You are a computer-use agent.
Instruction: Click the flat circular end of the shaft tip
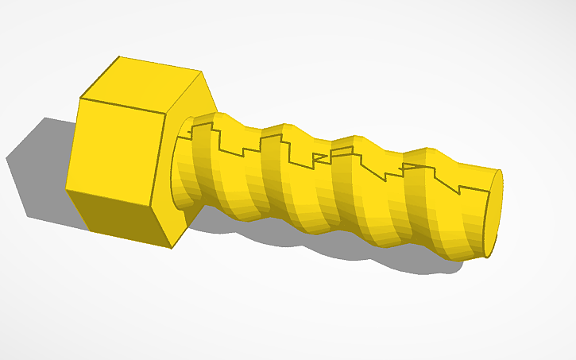[x=493, y=213]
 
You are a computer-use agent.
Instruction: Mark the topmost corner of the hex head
[x=119, y=56]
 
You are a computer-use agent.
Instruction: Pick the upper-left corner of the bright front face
[x=80, y=99]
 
